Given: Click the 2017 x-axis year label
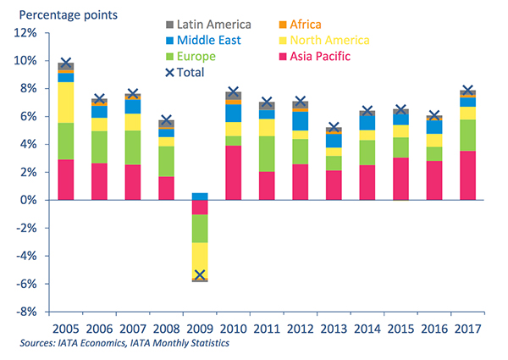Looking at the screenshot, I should (x=467, y=327).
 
